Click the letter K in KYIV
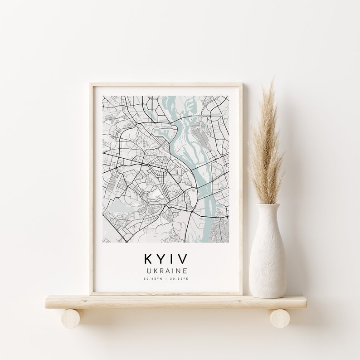149,259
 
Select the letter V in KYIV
182,259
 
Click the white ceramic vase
268,258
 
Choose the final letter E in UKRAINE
186,270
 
